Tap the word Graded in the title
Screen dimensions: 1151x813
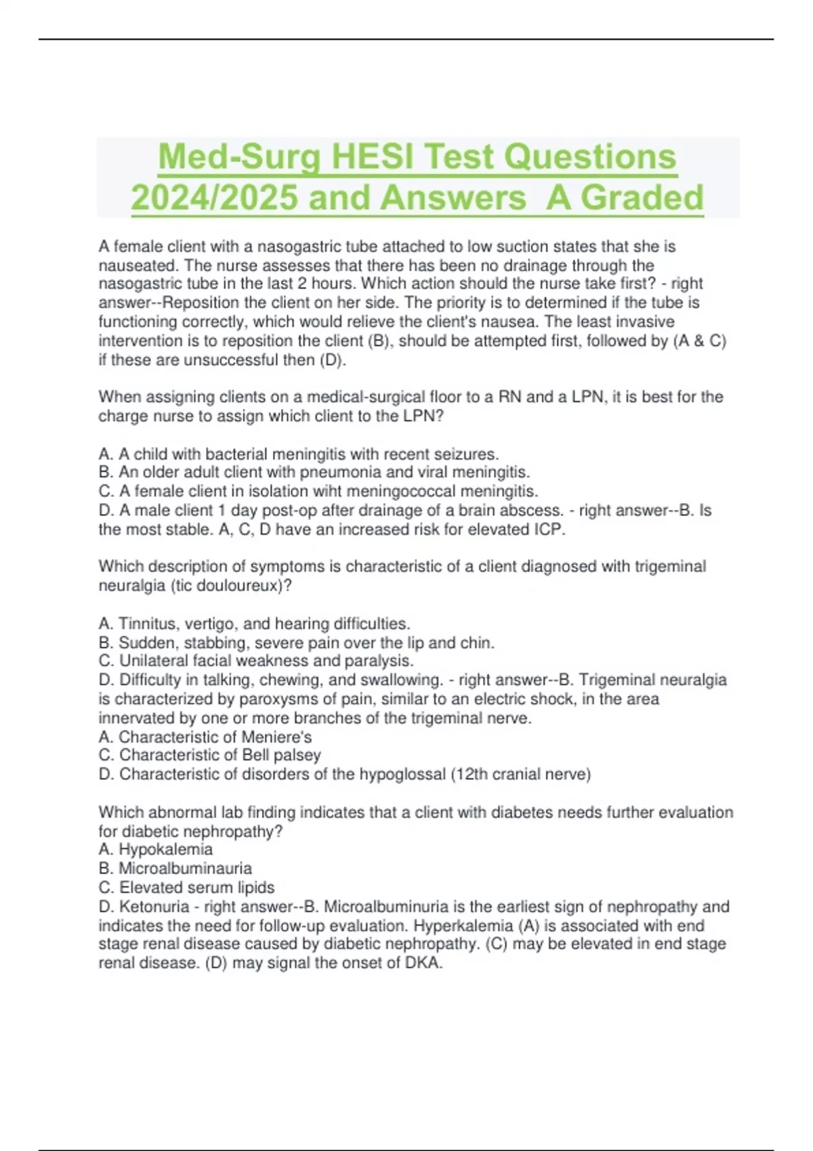pyautogui.click(x=642, y=198)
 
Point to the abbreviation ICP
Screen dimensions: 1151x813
pyautogui.click(x=549, y=529)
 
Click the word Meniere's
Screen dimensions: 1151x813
pyautogui.click(x=280, y=737)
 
